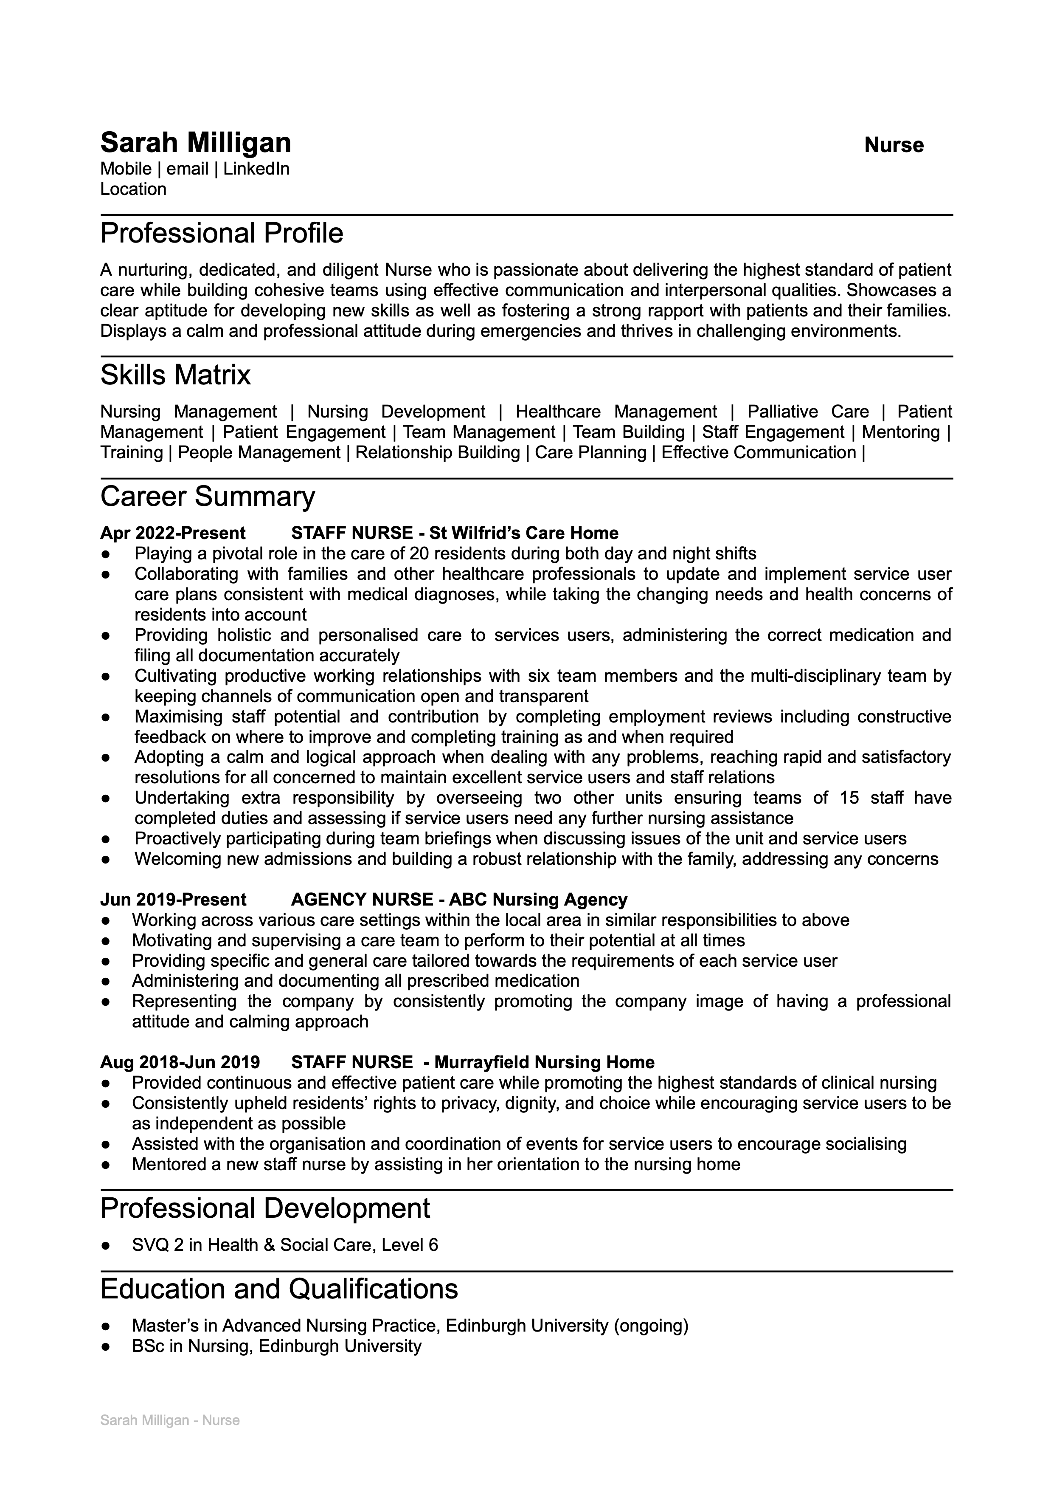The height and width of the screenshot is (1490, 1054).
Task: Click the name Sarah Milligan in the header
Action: tap(195, 143)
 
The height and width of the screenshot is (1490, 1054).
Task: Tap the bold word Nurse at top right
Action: tap(893, 145)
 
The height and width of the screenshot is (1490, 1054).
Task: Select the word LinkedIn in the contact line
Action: tap(256, 169)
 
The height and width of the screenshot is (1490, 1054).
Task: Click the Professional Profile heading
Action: tap(221, 234)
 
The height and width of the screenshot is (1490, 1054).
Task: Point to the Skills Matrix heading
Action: tap(175, 375)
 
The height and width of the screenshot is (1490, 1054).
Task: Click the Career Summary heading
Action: tap(207, 497)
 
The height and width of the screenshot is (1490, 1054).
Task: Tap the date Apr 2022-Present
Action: tap(173, 533)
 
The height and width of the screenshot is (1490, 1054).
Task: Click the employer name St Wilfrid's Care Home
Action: tap(524, 533)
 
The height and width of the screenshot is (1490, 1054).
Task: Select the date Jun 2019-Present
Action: tap(173, 900)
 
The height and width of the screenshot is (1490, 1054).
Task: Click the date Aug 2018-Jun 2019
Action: tap(180, 1063)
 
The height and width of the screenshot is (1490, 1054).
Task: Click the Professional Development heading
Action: tap(265, 1209)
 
